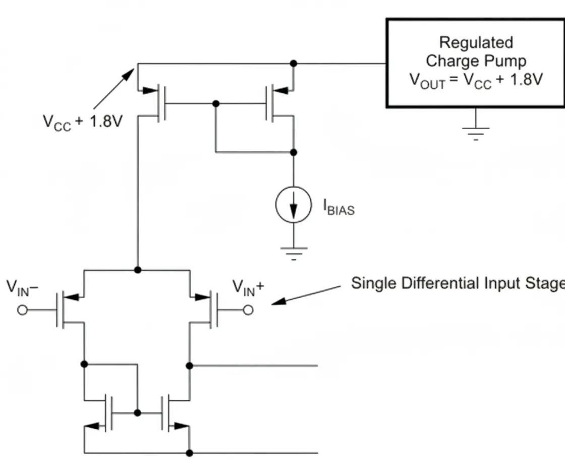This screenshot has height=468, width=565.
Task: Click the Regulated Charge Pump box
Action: [x=475, y=63]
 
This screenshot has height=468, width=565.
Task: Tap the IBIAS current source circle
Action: [x=293, y=204]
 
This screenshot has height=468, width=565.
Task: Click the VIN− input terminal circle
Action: [x=22, y=310]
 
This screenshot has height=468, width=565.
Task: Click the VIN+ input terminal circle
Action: [x=248, y=310]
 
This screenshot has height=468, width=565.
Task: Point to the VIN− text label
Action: [x=23, y=287]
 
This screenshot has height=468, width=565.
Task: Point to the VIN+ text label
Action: [x=248, y=287]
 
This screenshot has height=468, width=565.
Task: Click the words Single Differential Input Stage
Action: [x=457, y=283]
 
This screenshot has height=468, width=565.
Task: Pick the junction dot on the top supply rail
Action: [x=293, y=64]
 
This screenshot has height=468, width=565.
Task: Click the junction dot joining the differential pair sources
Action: [x=137, y=270]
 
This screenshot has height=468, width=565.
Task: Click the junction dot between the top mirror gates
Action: [x=216, y=103]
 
